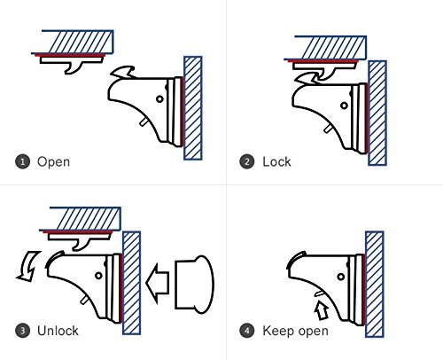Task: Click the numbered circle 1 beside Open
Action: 23,162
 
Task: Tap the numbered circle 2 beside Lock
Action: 247,162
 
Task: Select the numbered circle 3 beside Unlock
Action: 23,331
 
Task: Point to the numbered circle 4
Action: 247,331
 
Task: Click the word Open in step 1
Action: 53,162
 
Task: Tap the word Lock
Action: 276,161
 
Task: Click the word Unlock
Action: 58,331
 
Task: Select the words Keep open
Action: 295,331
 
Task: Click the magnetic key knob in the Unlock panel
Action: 194,285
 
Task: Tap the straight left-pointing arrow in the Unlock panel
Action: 158,283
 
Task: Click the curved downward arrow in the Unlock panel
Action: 28,266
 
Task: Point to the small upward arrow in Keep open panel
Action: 322,310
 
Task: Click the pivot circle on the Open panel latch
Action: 159,99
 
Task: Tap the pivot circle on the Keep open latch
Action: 341,277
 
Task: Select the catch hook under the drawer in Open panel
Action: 74,68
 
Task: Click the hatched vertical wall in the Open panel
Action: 193,108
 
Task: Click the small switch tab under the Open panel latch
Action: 144,122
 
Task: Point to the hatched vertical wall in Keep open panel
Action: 375,285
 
